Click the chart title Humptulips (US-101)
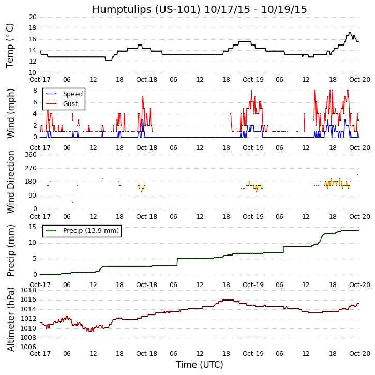tap(199, 9)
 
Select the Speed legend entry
tap(72, 94)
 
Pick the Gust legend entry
tap(70, 104)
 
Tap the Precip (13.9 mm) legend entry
tap(91, 231)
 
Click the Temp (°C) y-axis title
tap(10, 45)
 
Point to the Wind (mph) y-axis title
tap(10, 113)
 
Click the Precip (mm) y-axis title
tap(10, 250)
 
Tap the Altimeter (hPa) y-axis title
tap(10, 319)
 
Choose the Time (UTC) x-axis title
tap(199, 365)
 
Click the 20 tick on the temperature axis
tap(32, 17)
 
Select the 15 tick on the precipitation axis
tap(32, 227)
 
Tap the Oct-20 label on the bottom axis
tap(359, 354)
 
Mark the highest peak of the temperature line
tap(350, 33)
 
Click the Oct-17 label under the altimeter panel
tap(40, 354)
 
